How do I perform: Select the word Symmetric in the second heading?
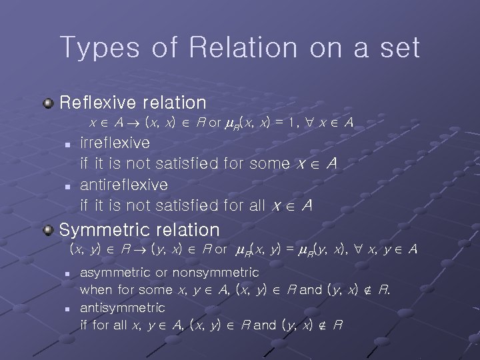[105, 230]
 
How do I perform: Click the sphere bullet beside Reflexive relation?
[49, 103]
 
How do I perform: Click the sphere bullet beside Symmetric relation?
[49, 230]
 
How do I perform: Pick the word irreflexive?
[115, 142]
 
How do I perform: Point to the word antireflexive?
[124, 184]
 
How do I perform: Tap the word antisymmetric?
[122, 308]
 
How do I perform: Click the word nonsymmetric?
[216, 273]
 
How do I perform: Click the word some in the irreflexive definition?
[269, 163]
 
